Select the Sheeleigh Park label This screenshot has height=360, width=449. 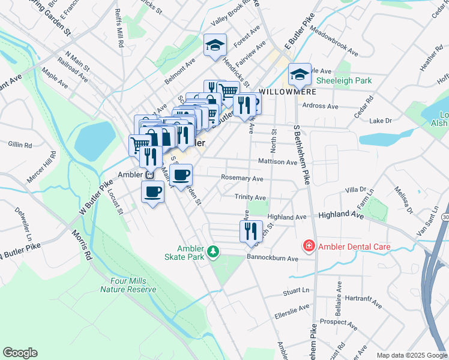click(x=343, y=80)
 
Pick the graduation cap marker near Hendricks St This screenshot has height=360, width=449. click(x=215, y=45)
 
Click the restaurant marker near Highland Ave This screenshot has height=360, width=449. click(x=251, y=231)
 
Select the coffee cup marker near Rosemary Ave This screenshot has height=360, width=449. click(x=181, y=175)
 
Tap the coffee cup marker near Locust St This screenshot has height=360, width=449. click(x=152, y=192)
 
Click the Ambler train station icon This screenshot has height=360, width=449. click(x=148, y=175)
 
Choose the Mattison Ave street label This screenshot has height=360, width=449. click(x=277, y=162)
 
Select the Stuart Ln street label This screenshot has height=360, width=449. click(x=296, y=292)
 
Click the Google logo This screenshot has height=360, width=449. click(x=20, y=353)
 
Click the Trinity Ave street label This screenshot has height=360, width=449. click(x=251, y=197)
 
